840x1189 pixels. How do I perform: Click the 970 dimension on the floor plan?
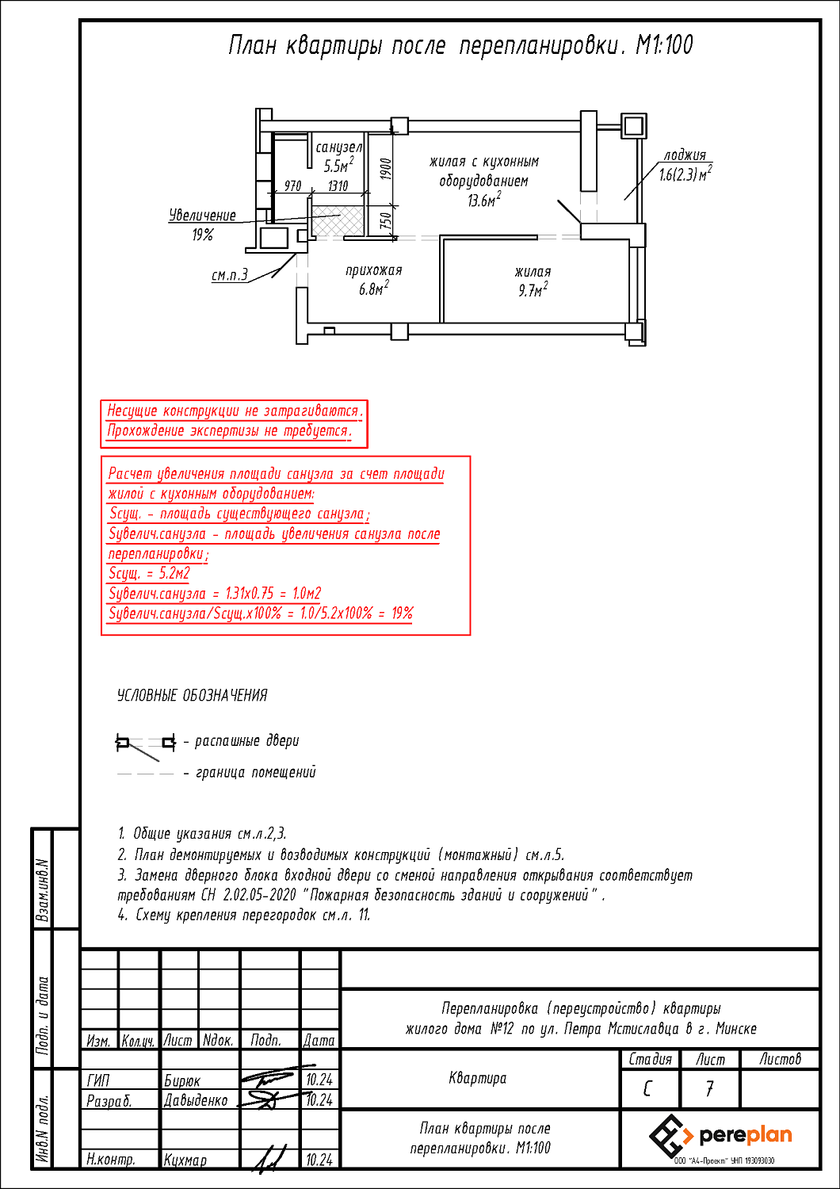[x=293, y=186]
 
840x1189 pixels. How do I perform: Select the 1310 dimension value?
[x=338, y=186]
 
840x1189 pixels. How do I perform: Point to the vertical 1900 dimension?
[x=386, y=169]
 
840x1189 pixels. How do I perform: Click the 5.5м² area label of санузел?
[x=338, y=166]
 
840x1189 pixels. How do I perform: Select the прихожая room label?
[x=373, y=270]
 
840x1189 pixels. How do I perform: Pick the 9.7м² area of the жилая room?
[x=533, y=291]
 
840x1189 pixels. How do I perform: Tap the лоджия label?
[x=685, y=155]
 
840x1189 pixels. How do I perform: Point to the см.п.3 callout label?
[x=229, y=276]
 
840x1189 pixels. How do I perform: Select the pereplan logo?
[x=720, y=1136]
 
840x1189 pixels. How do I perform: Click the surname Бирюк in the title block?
[x=182, y=1080]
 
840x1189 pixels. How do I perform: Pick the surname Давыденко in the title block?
[x=196, y=1100]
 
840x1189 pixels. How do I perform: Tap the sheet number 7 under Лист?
[x=709, y=1089]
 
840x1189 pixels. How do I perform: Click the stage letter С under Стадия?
[x=649, y=1089]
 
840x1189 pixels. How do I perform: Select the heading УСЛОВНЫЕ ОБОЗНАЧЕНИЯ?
[x=193, y=695]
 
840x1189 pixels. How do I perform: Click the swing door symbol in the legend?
[x=146, y=744]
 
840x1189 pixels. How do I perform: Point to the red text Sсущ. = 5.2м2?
[x=149, y=573]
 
